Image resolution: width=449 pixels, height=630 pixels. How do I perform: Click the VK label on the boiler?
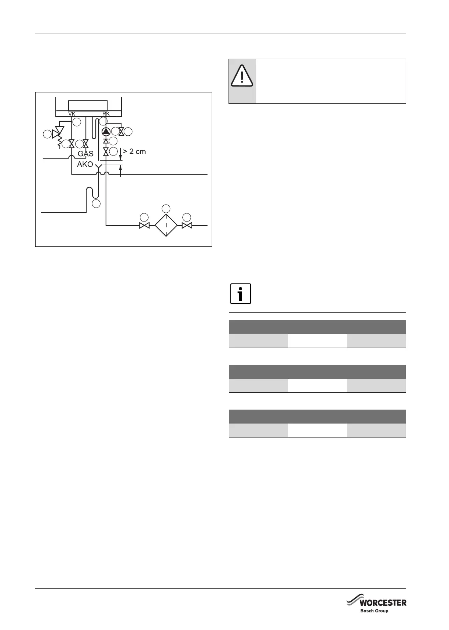[72, 114]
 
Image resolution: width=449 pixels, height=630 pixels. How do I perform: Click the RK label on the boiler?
[106, 114]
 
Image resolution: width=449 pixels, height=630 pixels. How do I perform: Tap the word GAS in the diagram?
[85, 154]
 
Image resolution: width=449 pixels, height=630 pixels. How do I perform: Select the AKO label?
[85, 165]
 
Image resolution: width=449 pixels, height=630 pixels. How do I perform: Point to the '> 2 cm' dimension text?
[134, 151]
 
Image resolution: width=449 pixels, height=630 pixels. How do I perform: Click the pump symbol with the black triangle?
[106, 131]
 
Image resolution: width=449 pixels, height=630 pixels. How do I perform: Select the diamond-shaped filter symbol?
[166, 225]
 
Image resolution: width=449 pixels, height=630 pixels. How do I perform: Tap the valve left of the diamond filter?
[145, 226]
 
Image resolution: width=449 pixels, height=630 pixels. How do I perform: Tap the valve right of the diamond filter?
[187, 225]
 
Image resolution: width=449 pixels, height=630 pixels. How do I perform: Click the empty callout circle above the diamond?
[166, 208]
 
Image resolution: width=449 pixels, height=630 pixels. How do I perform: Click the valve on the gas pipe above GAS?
[86, 143]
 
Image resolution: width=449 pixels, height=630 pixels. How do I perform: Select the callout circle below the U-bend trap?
[96, 204]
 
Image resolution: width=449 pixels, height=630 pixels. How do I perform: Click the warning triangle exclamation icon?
[242, 76]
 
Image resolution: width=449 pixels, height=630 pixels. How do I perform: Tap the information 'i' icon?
[241, 294]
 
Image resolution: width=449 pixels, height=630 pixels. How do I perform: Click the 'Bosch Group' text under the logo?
[374, 611]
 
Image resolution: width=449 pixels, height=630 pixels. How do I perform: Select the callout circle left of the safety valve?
[47, 134]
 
